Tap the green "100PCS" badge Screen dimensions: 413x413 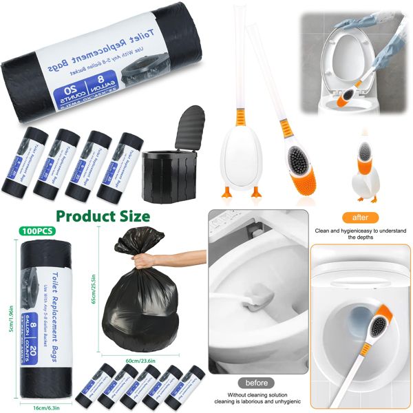(40, 231)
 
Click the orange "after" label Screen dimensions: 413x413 (361, 217)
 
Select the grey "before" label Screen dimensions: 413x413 (256, 383)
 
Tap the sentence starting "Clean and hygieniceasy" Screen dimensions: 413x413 (361, 233)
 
